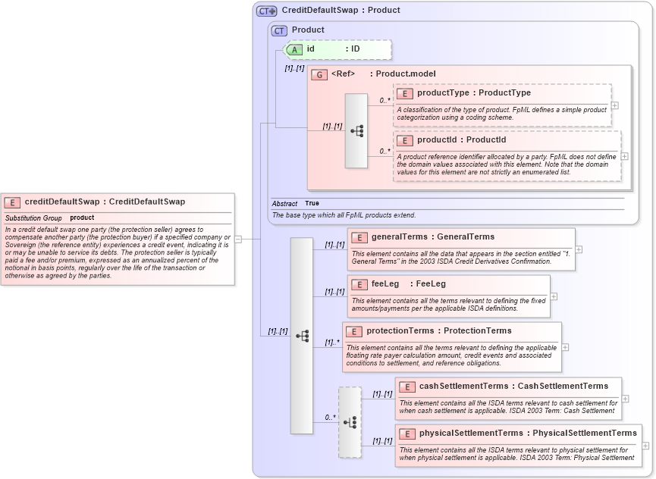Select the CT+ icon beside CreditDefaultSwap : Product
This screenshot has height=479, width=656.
[x=266, y=11]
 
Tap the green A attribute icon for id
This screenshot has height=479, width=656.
[x=294, y=49]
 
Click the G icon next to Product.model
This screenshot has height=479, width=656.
[x=319, y=74]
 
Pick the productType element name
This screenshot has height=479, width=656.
[x=443, y=93]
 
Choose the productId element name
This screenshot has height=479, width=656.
[x=440, y=140]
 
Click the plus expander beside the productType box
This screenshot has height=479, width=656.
[x=614, y=105]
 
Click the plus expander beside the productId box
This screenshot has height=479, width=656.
[x=624, y=156]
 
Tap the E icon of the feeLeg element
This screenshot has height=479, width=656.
[x=359, y=284]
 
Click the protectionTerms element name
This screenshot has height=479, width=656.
[x=400, y=331]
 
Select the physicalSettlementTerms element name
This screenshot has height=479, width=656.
[x=466, y=434]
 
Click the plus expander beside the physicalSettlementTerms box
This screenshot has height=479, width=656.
[x=645, y=446]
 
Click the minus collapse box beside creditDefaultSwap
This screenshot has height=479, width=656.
[x=238, y=239]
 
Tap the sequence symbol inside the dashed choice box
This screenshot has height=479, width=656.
[x=350, y=422]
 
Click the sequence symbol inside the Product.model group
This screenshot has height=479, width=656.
[x=356, y=131]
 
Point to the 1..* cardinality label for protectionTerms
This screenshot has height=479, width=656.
[x=332, y=343]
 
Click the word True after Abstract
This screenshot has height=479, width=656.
[x=312, y=204]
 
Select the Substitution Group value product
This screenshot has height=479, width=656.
[x=82, y=218]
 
